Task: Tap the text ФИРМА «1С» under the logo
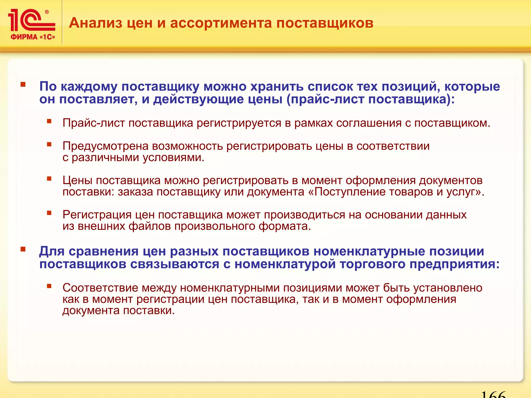pyautogui.click(x=33, y=37)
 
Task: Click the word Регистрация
pyautogui.click(x=97, y=215)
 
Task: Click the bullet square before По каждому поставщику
pyautogui.click(x=23, y=84)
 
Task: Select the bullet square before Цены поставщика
pyautogui.click(x=49, y=178)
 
